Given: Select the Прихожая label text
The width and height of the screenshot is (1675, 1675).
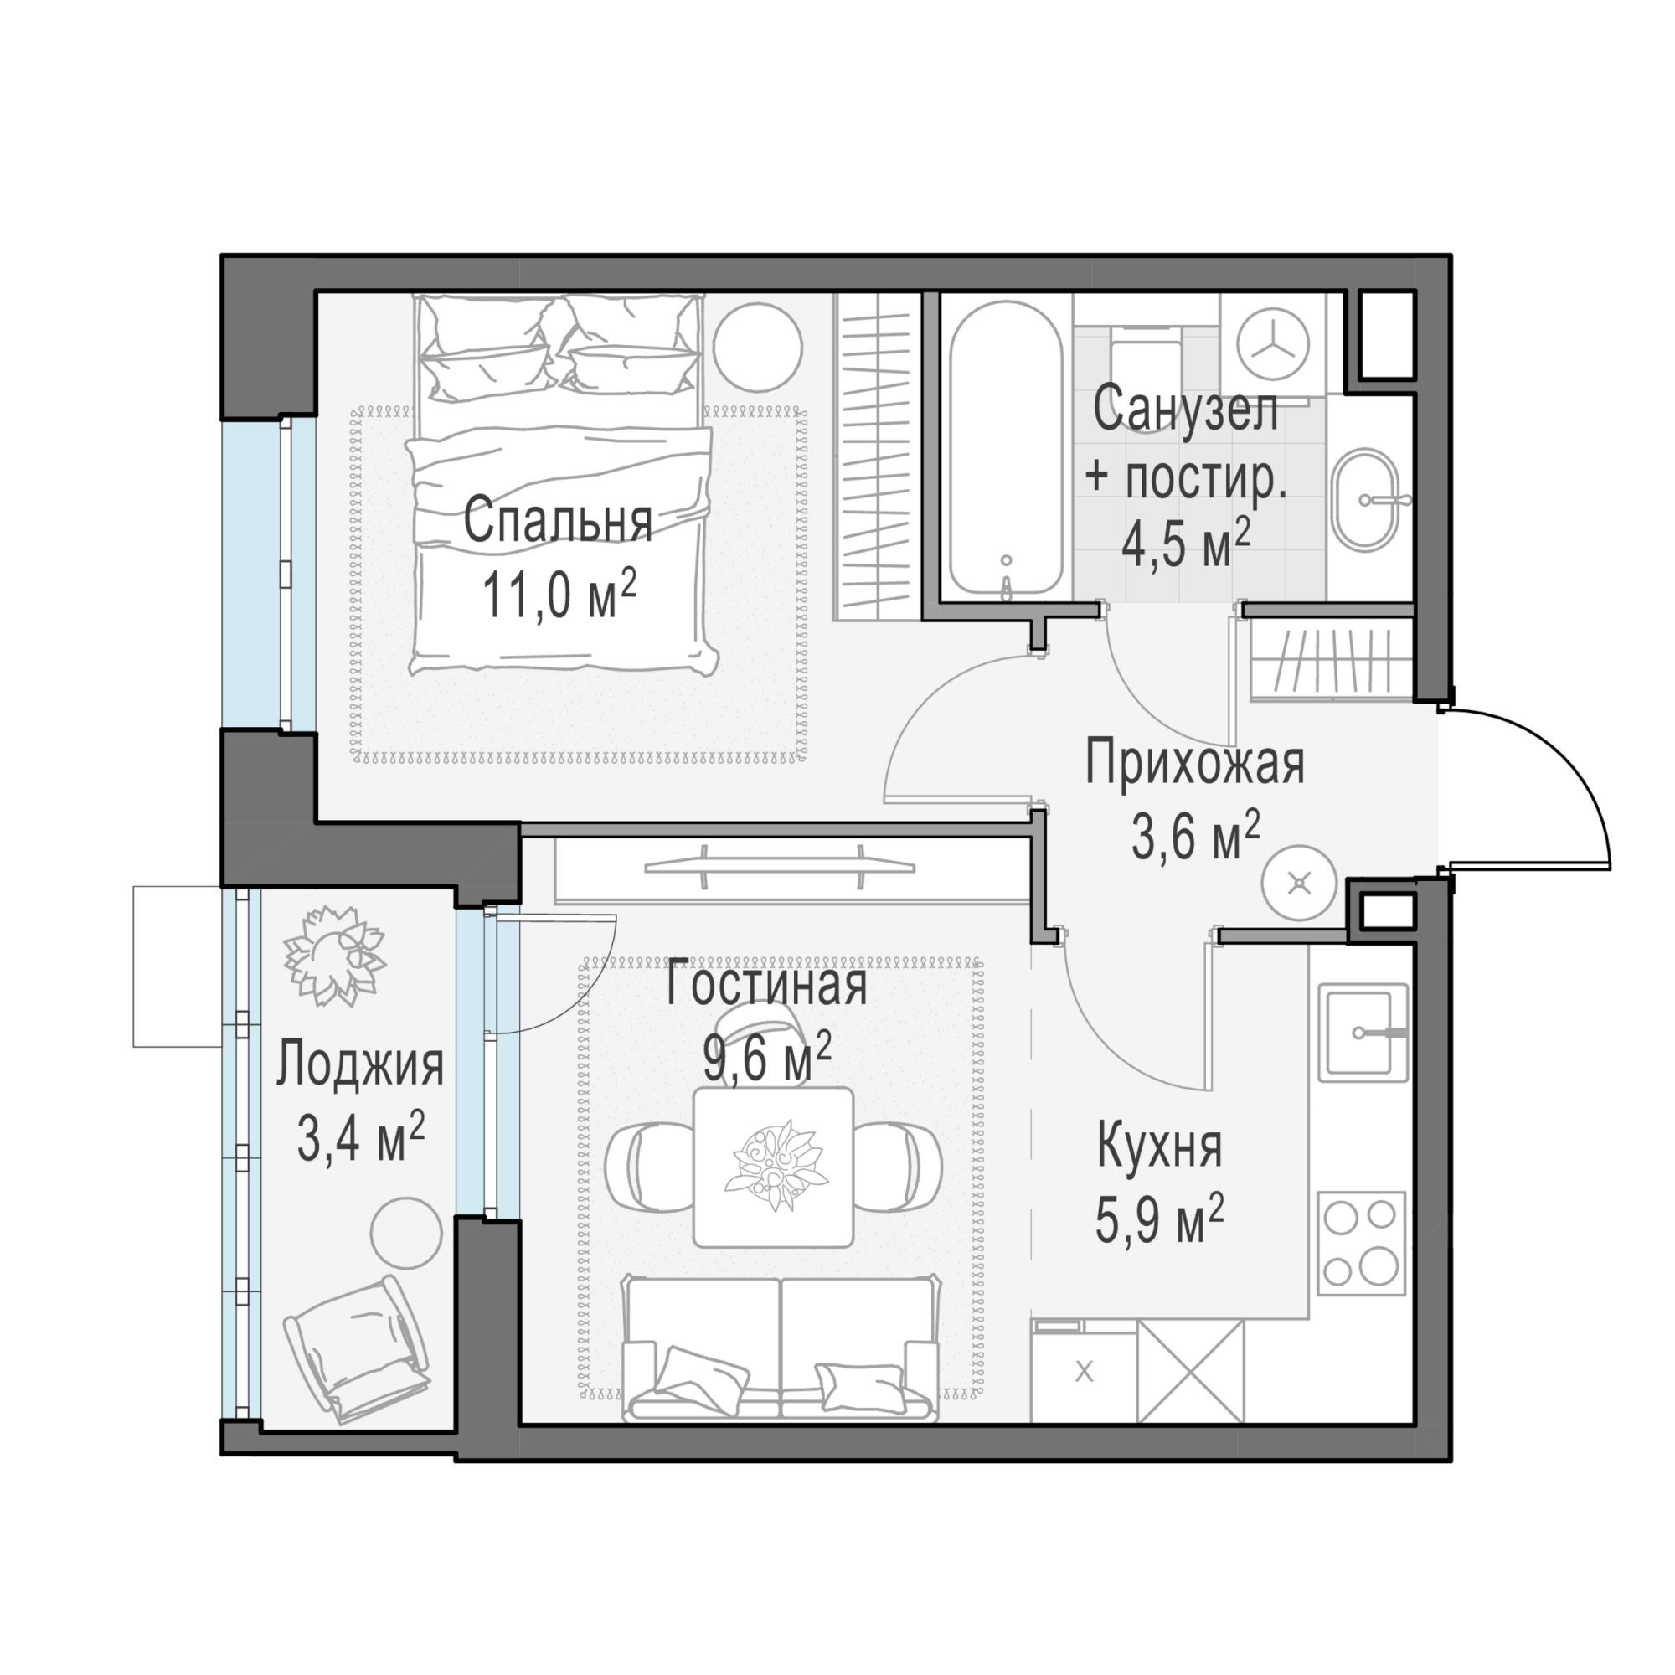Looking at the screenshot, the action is pos(1195,764).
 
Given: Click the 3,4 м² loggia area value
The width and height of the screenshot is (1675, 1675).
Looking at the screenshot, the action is pos(361,1137).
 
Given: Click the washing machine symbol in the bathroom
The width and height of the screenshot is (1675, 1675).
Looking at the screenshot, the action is pos(1272,344).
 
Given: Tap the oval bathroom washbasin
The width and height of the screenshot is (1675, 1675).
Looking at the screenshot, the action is pos(1365,499).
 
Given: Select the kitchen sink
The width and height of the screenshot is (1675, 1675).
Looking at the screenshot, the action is pos(1363,1032).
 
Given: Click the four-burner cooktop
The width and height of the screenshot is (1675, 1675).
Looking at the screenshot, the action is pos(1361,1243).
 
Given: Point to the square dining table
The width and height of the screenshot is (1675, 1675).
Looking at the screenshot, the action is pos(773,1167).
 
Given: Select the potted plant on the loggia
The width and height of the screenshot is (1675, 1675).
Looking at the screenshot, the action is pos(335,956).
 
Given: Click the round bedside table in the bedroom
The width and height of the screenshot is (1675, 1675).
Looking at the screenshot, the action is pos(757,347).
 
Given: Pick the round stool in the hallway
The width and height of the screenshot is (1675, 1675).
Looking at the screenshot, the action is pos(1299,884).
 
